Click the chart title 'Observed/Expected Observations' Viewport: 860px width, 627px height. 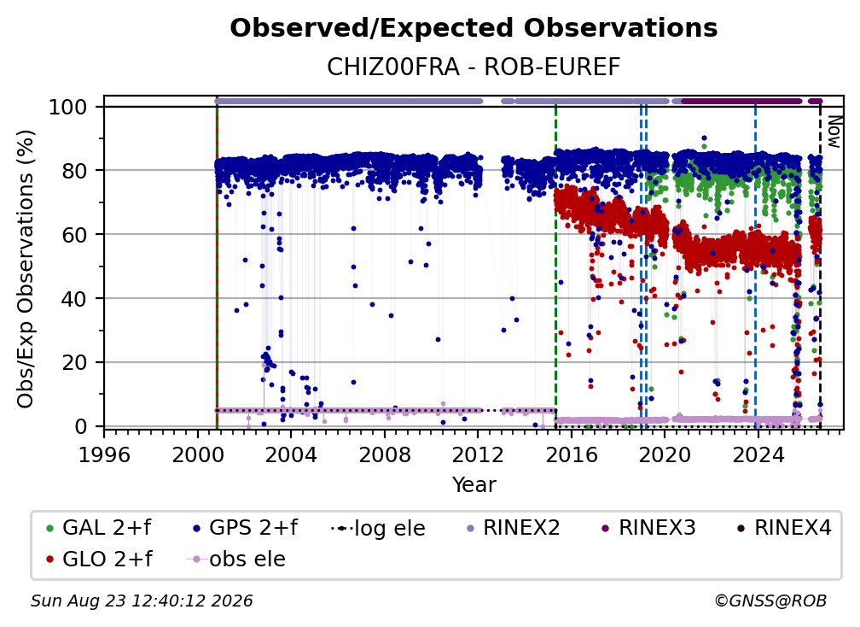click(474, 28)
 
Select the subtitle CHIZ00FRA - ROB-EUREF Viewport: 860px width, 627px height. click(474, 67)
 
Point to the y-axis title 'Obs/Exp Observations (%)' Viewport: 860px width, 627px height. click(26, 269)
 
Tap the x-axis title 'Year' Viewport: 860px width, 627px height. click(474, 485)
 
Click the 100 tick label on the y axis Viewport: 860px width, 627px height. click(68, 107)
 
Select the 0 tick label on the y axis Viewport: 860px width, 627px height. click(81, 426)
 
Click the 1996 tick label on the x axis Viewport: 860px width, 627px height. click(104, 455)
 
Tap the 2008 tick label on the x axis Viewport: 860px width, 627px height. click(385, 455)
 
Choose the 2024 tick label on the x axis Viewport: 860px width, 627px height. click(758, 455)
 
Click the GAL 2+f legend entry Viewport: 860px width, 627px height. click(99, 528)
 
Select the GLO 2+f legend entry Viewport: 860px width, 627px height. click(99, 560)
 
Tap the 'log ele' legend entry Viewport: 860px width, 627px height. click(379, 528)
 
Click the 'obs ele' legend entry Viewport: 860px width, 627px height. click(236, 560)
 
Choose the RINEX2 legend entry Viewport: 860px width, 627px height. click(514, 528)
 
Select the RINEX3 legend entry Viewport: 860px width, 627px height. click(648, 528)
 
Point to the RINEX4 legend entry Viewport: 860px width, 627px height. click(785, 528)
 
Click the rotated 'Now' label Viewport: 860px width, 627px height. click(834, 132)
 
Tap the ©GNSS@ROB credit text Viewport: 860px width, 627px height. click(770, 601)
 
